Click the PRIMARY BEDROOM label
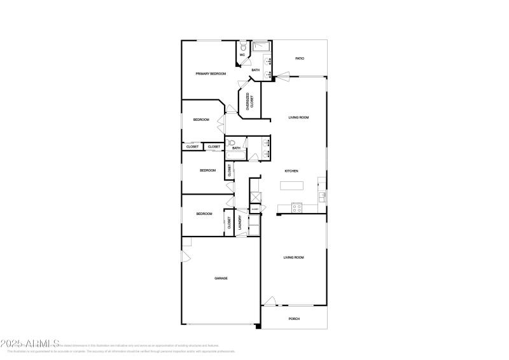click(211, 74)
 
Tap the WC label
click(242, 55)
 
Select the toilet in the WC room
click(243, 46)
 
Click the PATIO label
click(299, 59)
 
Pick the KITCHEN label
click(291, 171)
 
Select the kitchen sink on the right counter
click(321, 196)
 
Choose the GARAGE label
click(221, 278)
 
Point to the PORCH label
click(294, 319)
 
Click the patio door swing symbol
click(282, 77)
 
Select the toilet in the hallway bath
click(231, 143)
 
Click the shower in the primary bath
click(261, 47)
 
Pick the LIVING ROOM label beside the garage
click(294, 257)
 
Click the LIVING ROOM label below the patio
click(298, 118)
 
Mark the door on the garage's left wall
click(185, 256)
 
